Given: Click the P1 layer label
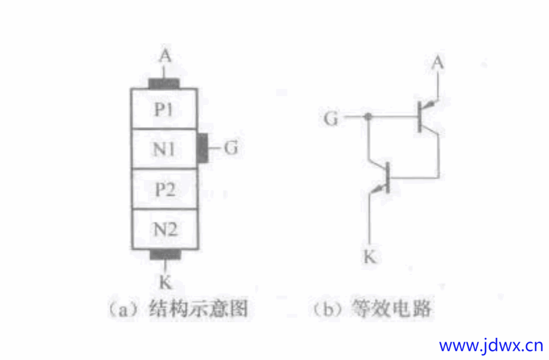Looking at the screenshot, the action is (x=164, y=109).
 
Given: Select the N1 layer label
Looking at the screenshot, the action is (x=164, y=149).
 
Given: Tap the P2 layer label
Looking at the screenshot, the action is (x=165, y=189).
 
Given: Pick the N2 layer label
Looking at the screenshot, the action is (x=166, y=229).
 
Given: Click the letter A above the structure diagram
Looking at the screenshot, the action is (x=165, y=56).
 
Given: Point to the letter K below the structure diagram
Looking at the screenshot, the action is (x=166, y=282).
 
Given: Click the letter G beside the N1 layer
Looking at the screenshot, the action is (x=231, y=147).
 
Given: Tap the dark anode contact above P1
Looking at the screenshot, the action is (x=164, y=84).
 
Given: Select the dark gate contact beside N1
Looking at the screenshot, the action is (x=203, y=148).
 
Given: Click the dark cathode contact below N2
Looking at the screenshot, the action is (x=165, y=254).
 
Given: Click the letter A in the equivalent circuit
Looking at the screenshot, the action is (x=437, y=63).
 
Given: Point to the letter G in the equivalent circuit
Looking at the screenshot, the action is (x=331, y=118).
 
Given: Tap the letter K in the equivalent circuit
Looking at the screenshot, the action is (x=370, y=257).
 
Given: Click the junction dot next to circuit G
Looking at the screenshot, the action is (x=368, y=116).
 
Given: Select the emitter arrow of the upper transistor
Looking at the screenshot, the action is (x=430, y=104).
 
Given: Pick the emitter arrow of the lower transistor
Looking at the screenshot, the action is (x=377, y=189).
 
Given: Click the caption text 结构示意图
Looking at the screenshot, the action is (x=198, y=308).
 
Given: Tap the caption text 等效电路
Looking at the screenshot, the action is (x=391, y=308).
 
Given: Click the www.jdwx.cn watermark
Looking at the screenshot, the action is (x=491, y=346).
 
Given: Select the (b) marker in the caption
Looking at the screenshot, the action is (x=328, y=309).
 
